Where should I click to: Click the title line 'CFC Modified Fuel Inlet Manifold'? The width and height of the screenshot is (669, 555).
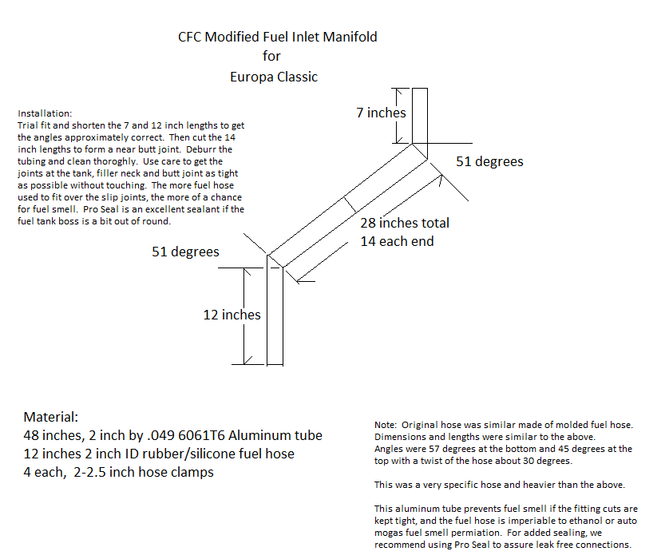coord(277,37)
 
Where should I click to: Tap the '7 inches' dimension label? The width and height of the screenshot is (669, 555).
coord(381,113)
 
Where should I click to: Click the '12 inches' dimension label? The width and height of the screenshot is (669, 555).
coord(232,315)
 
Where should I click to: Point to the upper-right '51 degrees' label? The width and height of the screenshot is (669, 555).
coord(489,161)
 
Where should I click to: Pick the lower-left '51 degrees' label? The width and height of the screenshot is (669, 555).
coord(185,252)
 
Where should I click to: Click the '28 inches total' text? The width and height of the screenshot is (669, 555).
coord(404,223)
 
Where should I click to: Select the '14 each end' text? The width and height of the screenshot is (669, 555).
coord(397,240)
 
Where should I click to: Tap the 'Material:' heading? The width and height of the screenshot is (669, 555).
coord(51,417)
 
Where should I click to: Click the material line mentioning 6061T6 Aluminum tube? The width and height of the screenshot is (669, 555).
coord(172,435)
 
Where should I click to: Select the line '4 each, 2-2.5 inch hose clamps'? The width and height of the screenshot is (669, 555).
coord(118,471)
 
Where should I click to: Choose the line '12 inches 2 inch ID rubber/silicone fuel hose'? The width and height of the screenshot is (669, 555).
coord(158,454)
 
